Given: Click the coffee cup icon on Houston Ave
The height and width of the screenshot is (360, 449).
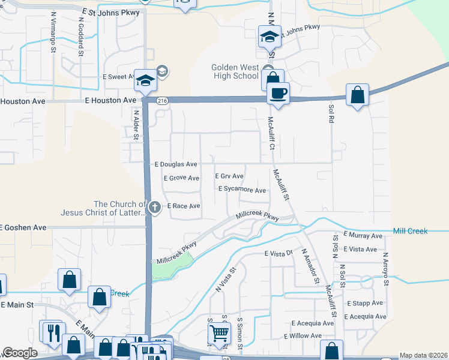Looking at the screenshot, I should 278,94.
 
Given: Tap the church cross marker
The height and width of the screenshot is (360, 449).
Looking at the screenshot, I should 155,208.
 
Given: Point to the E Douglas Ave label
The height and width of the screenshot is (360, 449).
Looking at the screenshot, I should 176,164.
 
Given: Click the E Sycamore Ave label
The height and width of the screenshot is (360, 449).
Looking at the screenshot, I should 242,190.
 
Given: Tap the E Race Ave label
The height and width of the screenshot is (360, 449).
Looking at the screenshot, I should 183,206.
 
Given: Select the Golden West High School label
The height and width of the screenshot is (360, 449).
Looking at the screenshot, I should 235,71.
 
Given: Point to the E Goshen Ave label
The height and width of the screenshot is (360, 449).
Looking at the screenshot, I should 23,227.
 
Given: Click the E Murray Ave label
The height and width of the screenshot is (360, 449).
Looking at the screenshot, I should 363,236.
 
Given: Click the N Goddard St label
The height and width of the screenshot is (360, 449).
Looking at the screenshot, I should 80,36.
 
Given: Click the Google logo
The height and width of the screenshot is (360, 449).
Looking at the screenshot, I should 20,353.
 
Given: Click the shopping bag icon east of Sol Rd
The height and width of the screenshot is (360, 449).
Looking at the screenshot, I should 357,95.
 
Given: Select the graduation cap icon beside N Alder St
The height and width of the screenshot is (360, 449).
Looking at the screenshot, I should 145,80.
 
